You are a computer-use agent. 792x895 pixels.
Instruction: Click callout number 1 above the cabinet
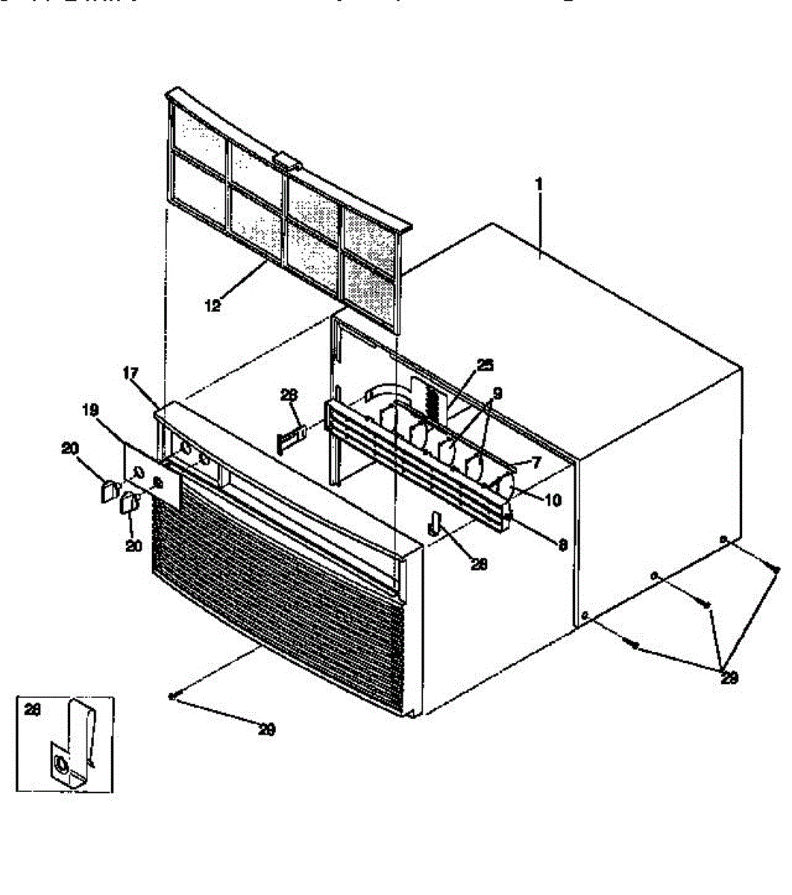(539, 183)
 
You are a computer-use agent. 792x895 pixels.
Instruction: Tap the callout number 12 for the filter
(213, 305)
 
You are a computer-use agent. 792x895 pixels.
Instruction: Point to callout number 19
(90, 410)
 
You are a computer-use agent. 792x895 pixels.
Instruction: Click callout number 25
(485, 365)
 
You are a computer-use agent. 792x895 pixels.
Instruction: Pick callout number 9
(497, 392)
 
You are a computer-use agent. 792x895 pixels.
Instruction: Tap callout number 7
(535, 462)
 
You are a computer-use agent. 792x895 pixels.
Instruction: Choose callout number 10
(553, 500)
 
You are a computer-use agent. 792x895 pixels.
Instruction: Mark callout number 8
(563, 545)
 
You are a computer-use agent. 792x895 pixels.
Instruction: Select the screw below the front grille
(173, 697)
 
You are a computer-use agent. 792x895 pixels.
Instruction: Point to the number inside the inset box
(31, 711)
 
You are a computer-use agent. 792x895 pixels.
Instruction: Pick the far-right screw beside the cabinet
(776, 570)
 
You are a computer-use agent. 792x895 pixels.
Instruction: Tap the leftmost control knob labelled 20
(108, 492)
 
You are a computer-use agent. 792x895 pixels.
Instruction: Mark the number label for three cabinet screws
(730, 678)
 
